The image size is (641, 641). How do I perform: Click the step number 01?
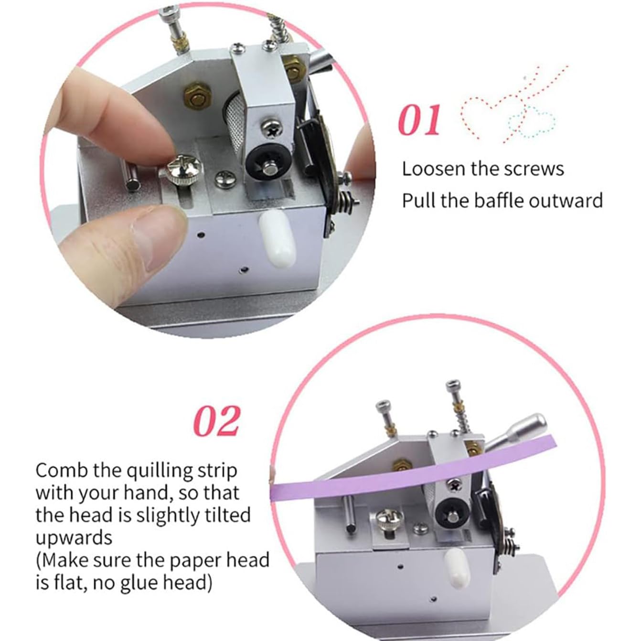[x=419, y=120]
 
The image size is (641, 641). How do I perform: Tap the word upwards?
[x=74, y=538]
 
